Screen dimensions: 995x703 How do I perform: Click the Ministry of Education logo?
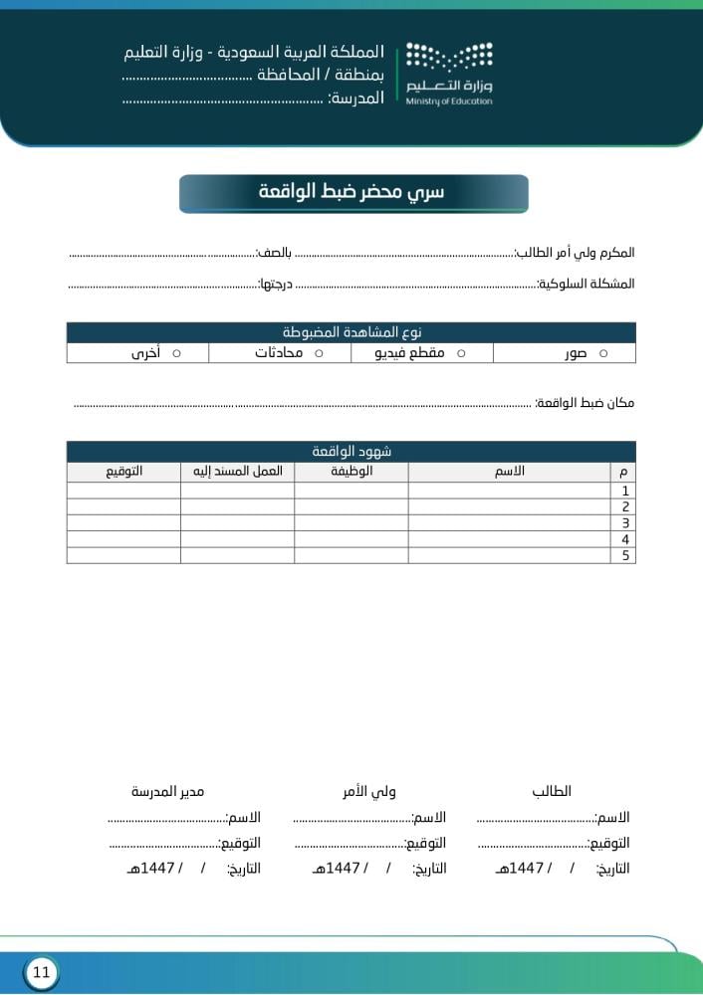(x=449, y=73)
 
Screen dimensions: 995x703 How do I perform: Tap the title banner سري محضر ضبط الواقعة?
(x=353, y=193)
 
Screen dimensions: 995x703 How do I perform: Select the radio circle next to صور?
(x=603, y=353)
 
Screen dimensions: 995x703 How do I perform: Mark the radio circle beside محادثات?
(x=319, y=353)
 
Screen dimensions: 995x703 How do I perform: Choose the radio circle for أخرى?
(x=176, y=353)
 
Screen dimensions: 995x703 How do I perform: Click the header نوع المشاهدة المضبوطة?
(x=351, y=332)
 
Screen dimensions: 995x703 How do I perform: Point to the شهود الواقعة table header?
(x=351, y=452)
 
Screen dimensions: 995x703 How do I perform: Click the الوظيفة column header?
(x=351, y=471)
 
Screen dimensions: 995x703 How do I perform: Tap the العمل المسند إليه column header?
(x=238, y=471)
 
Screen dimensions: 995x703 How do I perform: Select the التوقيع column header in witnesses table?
(x=123, y=471)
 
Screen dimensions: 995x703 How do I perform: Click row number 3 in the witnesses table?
(x=624, y=523)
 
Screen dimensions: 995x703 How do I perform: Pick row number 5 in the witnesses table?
(x=624, y=555)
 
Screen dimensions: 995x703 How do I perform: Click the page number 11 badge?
(x=41, y=972)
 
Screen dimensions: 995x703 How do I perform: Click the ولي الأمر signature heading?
(x=369, y=792)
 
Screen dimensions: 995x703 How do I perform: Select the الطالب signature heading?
(x=552, y=792)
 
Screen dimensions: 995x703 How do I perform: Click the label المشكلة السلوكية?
(x=586, y=284)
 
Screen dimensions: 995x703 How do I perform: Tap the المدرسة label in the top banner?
(x=355, y=99)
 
